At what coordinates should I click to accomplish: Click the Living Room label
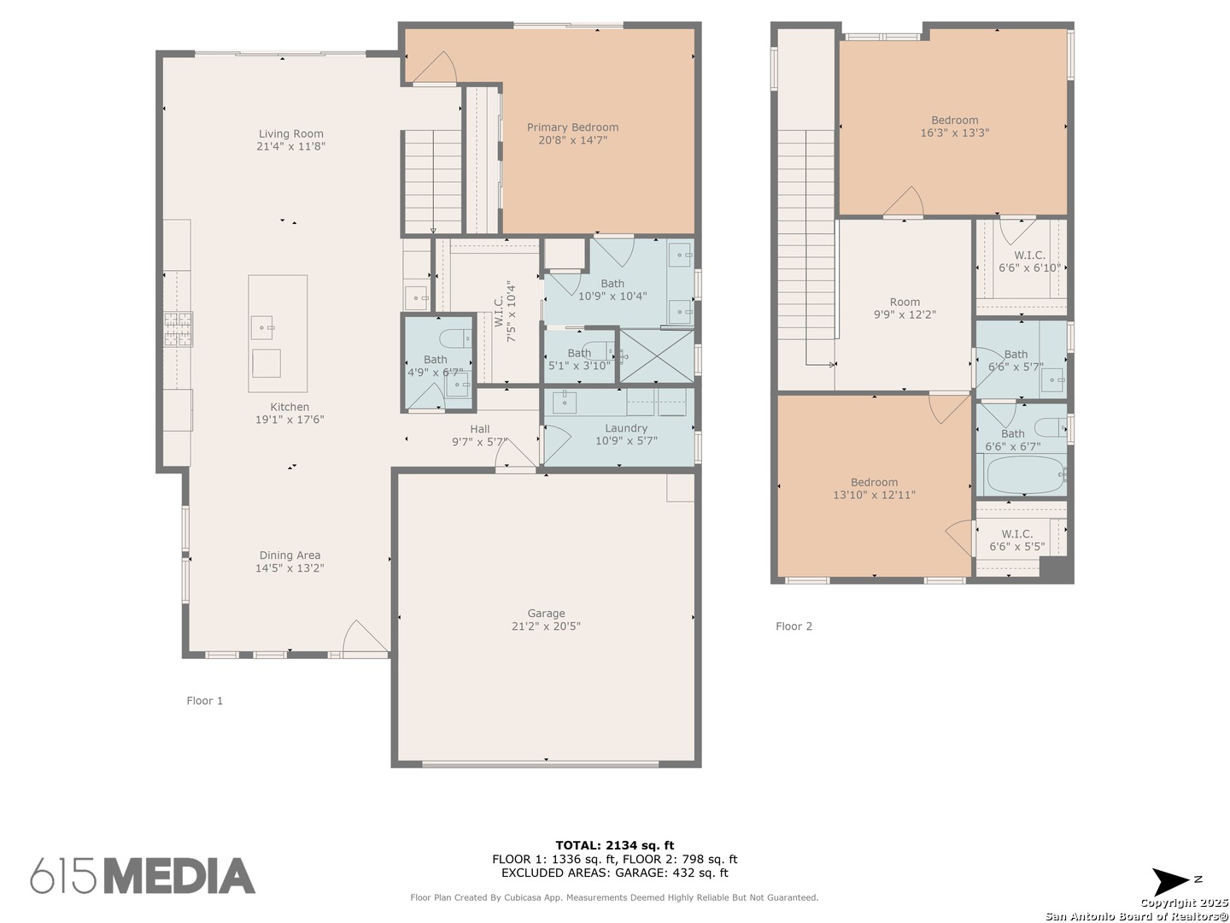[x=290, y=134]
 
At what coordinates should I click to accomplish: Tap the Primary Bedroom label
[x=572, y=128]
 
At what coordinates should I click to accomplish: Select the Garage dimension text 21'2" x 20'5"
[x=546, y=626]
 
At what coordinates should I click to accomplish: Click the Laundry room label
[x=626, y=428]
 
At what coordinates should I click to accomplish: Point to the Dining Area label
[x=290, y=556]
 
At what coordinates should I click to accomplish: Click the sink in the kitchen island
[x=262, y=328]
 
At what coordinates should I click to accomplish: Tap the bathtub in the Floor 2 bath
[x=1024, y=475]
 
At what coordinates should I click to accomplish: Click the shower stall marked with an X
[x=656, y=356]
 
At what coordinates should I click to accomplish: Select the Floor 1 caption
[x=204, y=701]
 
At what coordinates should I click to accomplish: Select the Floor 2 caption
[x=794, y=626]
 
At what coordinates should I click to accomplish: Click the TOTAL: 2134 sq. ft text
[x=614, y=845]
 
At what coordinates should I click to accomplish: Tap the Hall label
[x=480, y=429]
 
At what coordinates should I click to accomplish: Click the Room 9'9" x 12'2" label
[x=905, y=309]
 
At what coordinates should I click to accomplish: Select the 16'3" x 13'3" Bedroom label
[x=954, y=126]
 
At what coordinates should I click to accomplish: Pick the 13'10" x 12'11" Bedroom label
[x=874, y=489]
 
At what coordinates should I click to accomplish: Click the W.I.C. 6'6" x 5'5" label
[x=1017, y=540]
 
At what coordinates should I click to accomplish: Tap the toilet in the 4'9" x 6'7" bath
[x=455, y=338]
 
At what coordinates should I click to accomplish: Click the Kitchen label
[x=290, y=407]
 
